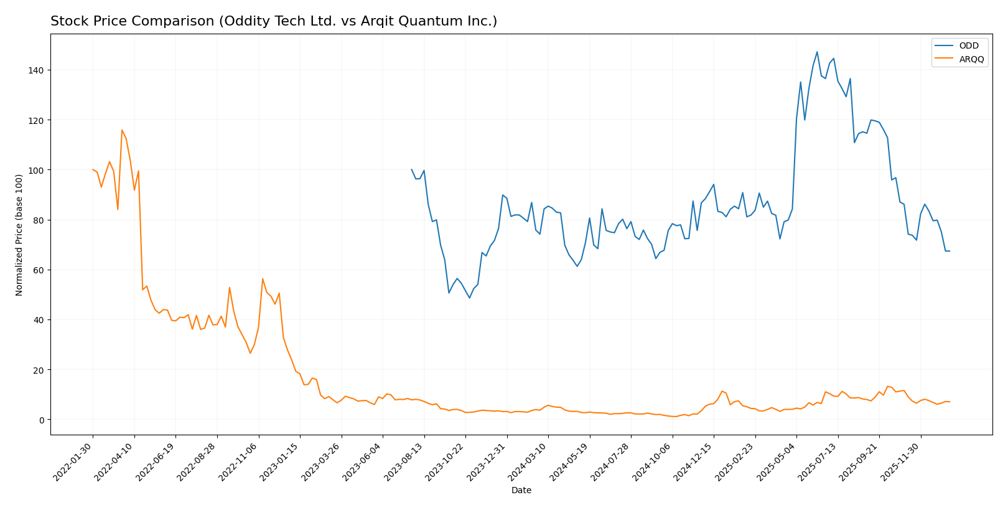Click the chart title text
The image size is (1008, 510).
(x=274, y=22)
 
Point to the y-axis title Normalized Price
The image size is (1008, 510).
(x=19, y=235)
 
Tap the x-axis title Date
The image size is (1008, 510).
(x=521, y=491)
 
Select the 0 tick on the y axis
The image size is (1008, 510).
(x=41, y=420)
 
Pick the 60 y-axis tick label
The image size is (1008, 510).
(x=38, y=270)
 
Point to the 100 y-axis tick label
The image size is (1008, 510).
(x=35, y=170)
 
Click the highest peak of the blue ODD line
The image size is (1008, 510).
(x=817, y=52)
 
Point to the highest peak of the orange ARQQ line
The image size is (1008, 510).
(x=122, y=130)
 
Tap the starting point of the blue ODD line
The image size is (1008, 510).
(x=411, y=169)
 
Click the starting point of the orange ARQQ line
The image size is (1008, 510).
(x=93, y=169)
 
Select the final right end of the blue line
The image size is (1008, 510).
(x=950, y=251)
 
